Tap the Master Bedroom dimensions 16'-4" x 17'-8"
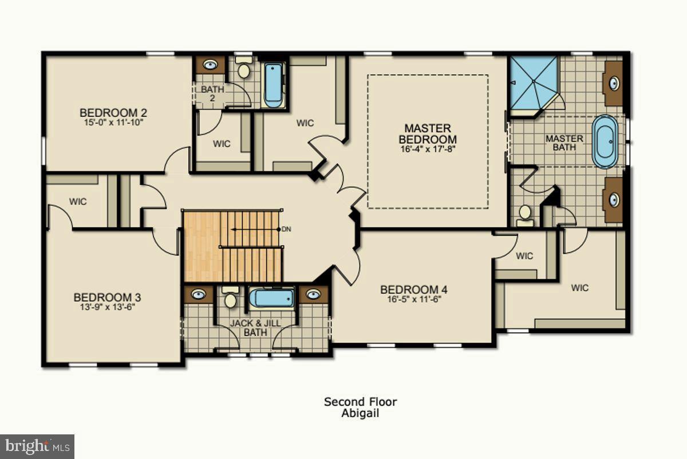click(428, 149)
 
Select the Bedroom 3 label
click(107, 298)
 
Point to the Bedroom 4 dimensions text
click(410, 299)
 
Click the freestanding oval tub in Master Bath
click(605, 141)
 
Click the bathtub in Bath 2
click(273, 85)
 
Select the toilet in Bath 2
click(244, 69)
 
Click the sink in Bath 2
click(211, 65)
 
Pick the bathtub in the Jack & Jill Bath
click(272, 298)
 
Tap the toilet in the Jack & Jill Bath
click(230, 298)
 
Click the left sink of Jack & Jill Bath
click(198, 294)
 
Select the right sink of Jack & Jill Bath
click(313, 294)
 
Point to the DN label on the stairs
click(286, 229)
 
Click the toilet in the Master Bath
click(524, 213)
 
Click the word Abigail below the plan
click(360, 413)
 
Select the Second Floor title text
click(360, 402)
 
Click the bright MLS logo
click(37, 445)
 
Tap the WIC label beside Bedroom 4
click(524, 256)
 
